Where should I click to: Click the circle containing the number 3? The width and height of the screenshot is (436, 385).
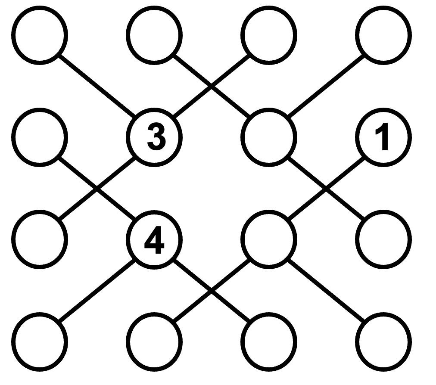(154, 137)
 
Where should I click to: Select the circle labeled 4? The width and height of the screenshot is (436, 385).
(154, 238)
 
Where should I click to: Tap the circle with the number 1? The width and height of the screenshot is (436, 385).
(383, 137)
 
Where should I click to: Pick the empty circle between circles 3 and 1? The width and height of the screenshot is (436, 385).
(269, 137)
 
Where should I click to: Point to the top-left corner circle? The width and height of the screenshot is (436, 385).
(40, 34)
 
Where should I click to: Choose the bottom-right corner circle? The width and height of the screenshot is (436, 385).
(383, 340)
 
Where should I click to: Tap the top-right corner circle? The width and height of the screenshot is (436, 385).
(383, 34)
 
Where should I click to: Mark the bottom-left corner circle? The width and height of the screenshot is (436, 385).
(40, 340)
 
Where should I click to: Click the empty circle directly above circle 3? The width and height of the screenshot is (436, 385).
(154, 34)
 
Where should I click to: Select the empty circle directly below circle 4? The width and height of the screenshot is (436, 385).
(154, 340)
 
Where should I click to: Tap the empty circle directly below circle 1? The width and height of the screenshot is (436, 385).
(383, 238)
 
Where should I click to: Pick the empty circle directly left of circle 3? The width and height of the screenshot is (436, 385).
(40, 137)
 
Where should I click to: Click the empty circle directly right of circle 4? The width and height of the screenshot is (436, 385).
(269, 238)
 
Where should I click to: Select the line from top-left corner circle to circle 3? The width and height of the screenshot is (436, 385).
(97, 86)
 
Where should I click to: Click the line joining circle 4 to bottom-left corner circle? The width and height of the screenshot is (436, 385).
(97, 289)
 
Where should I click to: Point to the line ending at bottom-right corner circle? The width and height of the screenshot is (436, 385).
(326, 289)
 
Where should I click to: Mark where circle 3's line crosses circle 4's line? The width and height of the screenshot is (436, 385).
(96, 188)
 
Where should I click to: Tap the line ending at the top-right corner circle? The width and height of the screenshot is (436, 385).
(326, 86)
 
